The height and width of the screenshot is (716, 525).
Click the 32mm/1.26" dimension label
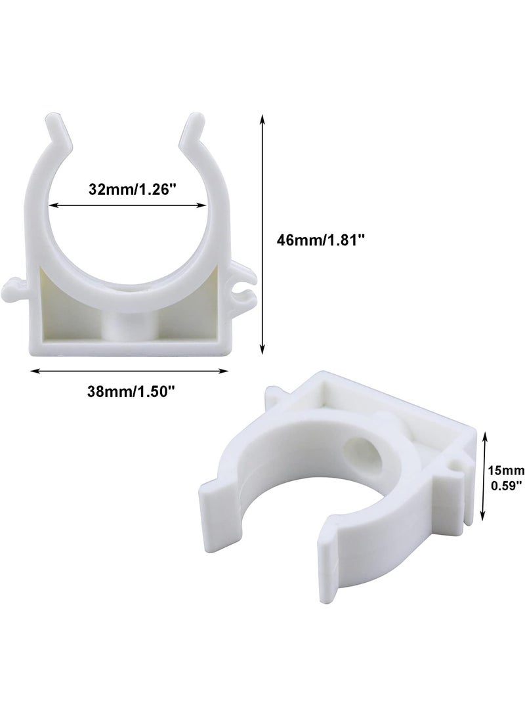point(132,189)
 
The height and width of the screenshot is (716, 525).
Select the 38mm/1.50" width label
point(131,391)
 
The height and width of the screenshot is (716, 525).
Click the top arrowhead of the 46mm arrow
point(262,119)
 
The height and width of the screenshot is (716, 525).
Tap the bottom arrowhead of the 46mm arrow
point(262,349)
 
